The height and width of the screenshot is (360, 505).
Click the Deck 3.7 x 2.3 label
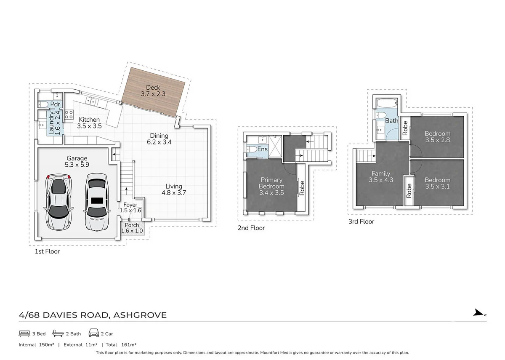click(x=153, y=91)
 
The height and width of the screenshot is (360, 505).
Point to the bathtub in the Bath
click(x=387, y=103)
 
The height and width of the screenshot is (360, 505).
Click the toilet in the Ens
click(x=252, y=149)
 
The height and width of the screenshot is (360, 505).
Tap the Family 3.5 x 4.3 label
click(x=381, y=176)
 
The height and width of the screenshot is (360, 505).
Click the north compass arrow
click(x=479, y=312)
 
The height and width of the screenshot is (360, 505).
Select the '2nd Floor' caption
click(x=251, y=228)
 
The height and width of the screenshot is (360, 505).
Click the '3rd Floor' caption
click(x=361, y=221)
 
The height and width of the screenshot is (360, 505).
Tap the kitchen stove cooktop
click(x=69, y=115)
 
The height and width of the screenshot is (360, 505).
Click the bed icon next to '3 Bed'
click(x=24, y=333)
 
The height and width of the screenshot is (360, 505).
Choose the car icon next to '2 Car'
click(x=93, y=333)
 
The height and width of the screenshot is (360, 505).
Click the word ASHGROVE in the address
click(x=140, y=315)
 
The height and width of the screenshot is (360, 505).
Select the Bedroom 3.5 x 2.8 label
click(x=437, y=137)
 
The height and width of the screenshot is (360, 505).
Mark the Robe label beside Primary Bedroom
click(x=302, y=188)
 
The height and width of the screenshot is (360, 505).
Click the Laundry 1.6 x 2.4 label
click(x=54, y=123)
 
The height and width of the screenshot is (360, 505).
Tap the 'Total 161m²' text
click(x=121, y=345)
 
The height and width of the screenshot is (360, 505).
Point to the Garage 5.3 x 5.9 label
click(x=77, y=161)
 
